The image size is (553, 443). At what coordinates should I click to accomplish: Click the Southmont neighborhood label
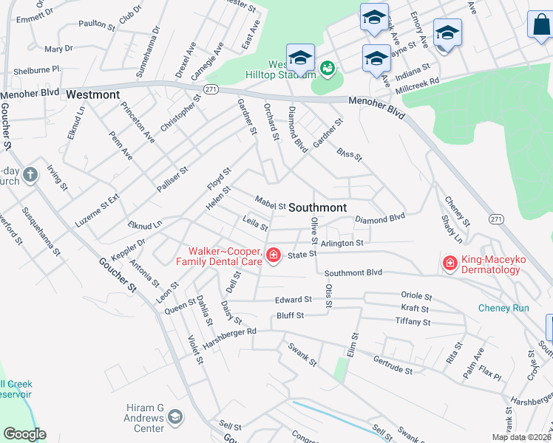pyautogui.click(x=318, y=207)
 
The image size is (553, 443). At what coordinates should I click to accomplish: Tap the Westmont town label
pyautogui.click(x=92, y=95)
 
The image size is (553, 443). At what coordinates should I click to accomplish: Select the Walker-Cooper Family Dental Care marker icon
pyautogui.click(x=273, y=255)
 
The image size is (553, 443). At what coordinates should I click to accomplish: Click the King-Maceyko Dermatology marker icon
pyautogui.click(x=449, y=262)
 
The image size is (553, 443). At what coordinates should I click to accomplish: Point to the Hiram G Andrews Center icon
pyautogui.click(x=175, y=417)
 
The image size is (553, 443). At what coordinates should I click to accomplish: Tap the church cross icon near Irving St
pyautogui.click(x=30, y=175)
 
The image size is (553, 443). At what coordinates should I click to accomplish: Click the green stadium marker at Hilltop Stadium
pyautogui.click(x=327, y=69)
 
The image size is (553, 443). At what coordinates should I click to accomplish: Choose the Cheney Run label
pyautogui.click(x=503, y=308)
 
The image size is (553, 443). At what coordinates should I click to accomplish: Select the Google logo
pyautogui.click(x=24, y=434)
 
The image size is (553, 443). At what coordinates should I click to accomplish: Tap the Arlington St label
pyautogui.click(x=342, y=242)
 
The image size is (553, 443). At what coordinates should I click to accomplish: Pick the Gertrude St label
pyautogui.click(x=392, y=365)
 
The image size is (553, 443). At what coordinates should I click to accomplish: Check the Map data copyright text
pyautogui.click(x=522, y=437)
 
